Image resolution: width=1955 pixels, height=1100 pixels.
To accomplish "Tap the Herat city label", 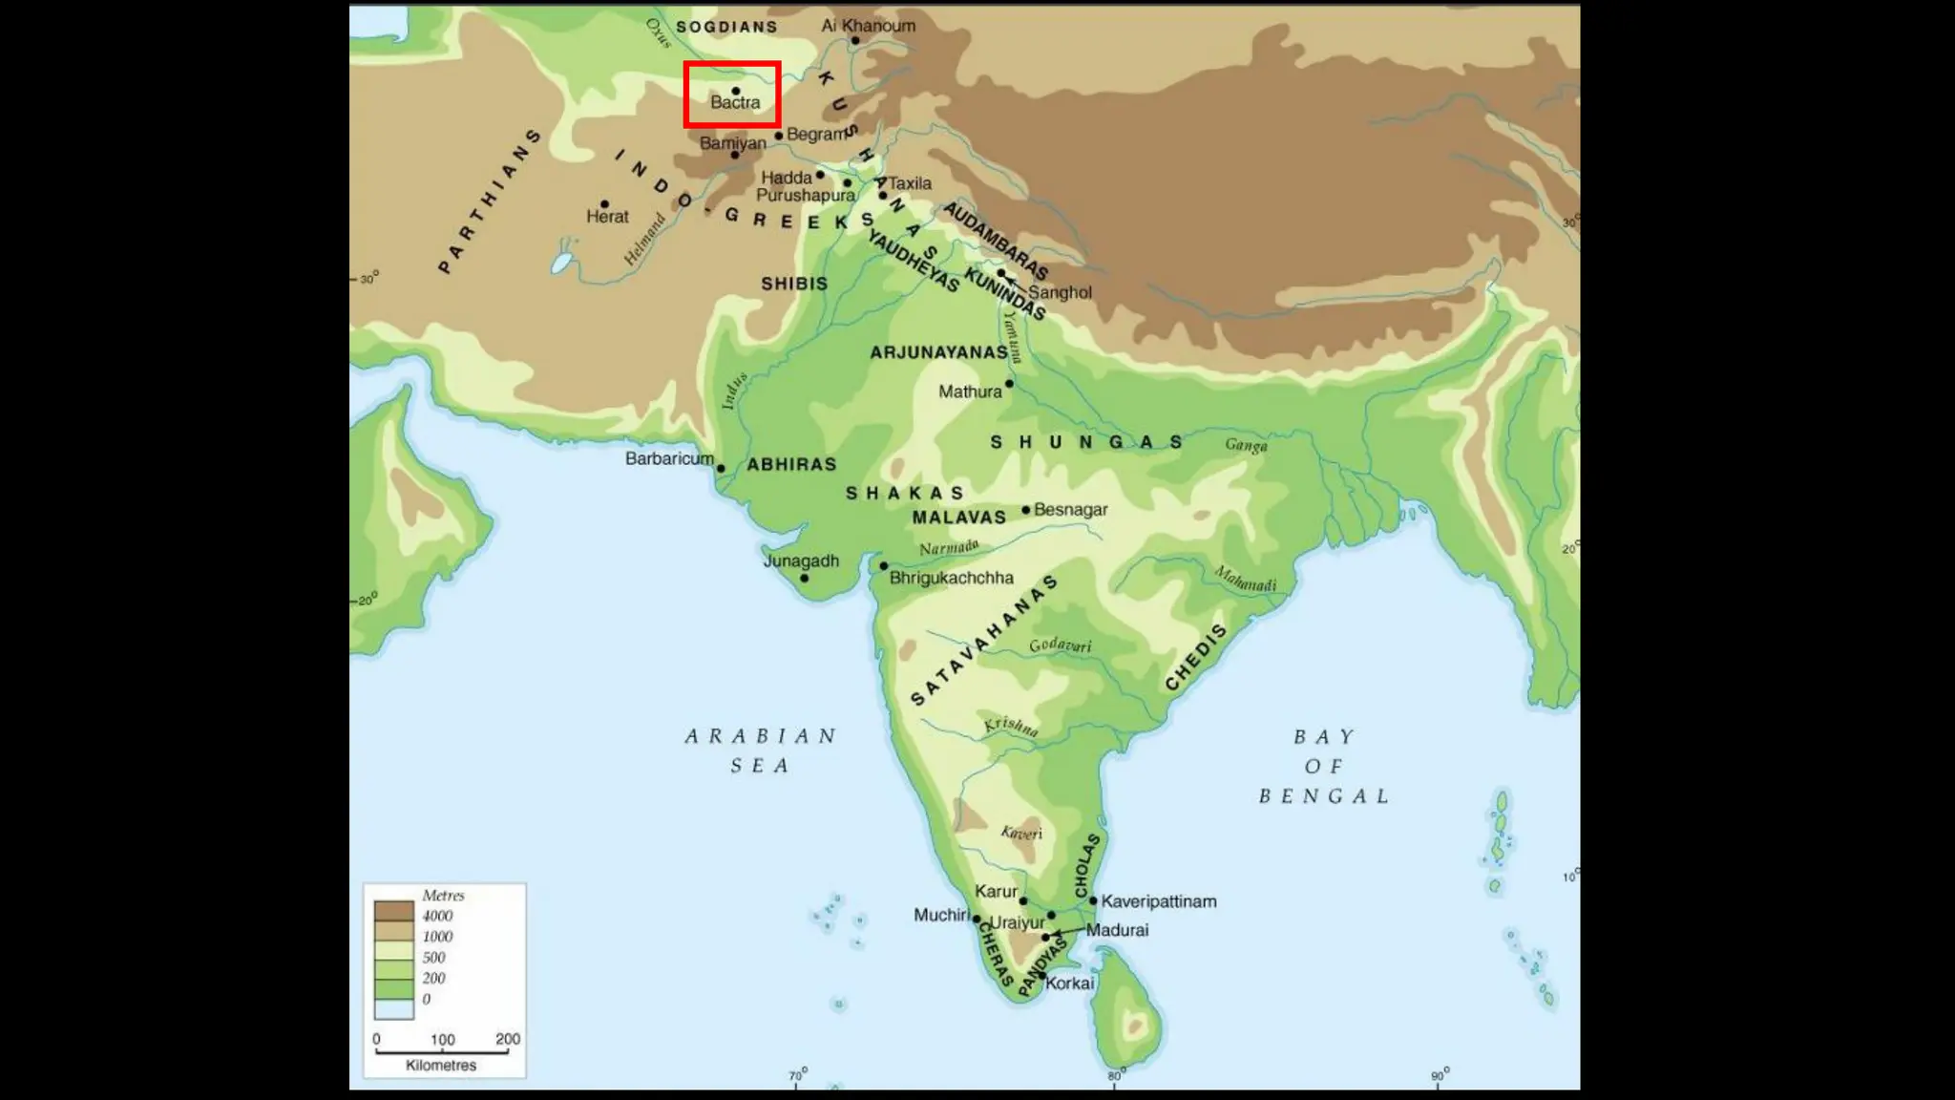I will [x=607, y=217].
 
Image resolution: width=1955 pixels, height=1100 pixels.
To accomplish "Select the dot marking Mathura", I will [x=1009, y=384].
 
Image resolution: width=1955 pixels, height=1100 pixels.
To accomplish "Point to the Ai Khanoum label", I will [x=868, y=26].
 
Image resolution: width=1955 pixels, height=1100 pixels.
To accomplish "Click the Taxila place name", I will [x=910, y=183].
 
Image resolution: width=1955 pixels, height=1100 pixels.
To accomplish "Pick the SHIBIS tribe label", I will [x=794, y=284].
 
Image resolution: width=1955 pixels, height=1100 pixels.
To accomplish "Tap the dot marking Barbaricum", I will [x=721, y=469].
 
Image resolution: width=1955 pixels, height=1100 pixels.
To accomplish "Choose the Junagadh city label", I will [x=801, y=561].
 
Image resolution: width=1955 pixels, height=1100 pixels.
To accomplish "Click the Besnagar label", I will [x=1070, y=510].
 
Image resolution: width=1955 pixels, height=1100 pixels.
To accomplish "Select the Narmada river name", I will [x=949, y=547].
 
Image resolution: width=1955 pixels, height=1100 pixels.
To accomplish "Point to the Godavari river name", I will [x=1060, y=645].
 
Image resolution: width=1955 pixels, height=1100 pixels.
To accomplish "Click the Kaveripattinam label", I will [x=1159, y=901].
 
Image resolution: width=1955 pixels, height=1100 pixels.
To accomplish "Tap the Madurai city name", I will [x=1117, y=930].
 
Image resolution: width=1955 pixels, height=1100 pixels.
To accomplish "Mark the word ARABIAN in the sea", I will [x=761, y=736].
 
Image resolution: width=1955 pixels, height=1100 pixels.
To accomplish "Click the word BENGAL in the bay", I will [x=1324, y=796].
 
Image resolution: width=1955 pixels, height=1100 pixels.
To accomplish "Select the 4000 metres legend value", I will [x=437, y=916].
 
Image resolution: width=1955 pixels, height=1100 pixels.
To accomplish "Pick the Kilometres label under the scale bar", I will [x=441, y=1066].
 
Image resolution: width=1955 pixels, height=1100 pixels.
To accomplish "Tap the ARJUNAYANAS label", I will [x=938, y=352].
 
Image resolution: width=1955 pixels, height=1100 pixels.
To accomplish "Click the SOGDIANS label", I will [x=726, y=27].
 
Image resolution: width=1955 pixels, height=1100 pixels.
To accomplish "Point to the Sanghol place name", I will [x=1060, y=292].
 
